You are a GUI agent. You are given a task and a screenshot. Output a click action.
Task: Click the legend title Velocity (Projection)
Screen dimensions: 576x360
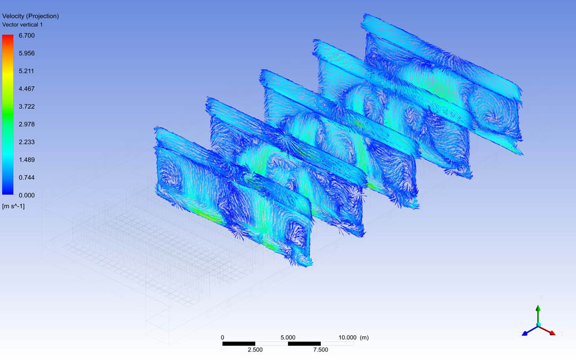(31, 16)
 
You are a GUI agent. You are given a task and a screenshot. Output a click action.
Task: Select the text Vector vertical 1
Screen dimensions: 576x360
(22, 25)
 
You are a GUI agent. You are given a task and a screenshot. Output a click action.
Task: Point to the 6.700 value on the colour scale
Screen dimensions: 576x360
(27, 36)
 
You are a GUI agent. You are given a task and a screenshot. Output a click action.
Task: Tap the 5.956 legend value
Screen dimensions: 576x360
(27, 53)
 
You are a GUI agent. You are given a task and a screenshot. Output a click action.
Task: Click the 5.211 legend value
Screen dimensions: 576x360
(27, 71)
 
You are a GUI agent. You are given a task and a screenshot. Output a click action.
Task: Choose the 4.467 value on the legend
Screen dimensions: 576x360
(27, 89)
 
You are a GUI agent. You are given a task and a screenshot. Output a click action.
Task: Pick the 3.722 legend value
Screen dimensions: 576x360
(27, 107)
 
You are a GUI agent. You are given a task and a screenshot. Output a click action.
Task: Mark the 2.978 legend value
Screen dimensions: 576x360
(27, 124)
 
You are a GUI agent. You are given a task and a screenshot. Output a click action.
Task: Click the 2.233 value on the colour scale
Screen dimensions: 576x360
(27, 142)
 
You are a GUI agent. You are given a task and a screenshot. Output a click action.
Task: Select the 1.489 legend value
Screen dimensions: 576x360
(27, 160)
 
